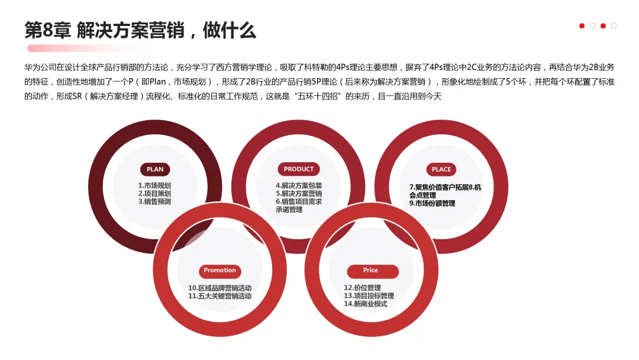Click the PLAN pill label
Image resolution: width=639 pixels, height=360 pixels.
coord(155,169)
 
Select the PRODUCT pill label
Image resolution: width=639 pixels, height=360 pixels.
coord(298,169)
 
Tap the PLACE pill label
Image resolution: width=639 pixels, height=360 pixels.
coord(441,169)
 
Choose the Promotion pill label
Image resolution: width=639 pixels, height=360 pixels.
coord(220,271)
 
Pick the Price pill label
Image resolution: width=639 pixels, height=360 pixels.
coord(370,271)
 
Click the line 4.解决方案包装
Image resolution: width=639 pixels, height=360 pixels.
coord(299,185)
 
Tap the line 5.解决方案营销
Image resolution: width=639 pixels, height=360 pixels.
coord(299,194)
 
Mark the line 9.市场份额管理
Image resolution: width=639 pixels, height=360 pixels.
coord(433,203)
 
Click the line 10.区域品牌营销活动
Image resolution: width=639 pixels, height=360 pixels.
coord(220,288)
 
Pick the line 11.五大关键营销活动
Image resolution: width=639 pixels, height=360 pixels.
coord(220,296)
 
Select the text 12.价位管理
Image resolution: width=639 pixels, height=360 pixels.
coord(362,288)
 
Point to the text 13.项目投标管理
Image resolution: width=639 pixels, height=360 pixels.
coord(369,296)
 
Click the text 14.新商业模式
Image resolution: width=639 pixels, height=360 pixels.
coord(365,304)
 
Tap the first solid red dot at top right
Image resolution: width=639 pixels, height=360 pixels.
coord(582,26)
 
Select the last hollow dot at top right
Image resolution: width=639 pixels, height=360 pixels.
coord(614,26)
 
